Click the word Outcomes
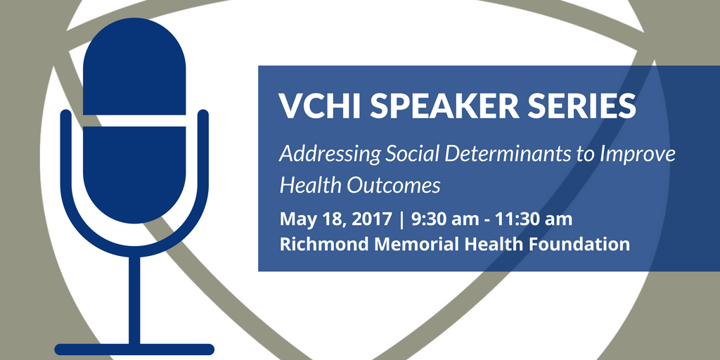pos(393,185)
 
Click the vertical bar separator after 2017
pos(402,220)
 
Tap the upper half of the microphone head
pos(134,67)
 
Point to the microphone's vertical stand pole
pos(134,300)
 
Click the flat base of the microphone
pos(134,349)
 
